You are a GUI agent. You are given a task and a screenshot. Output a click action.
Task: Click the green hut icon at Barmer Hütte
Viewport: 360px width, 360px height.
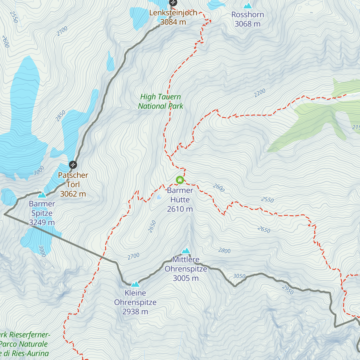pos(180,180)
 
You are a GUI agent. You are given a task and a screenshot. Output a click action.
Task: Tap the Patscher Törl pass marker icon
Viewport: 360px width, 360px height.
pos(73,165)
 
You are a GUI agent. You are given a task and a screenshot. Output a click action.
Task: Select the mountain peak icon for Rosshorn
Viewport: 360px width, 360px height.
pos(247,6)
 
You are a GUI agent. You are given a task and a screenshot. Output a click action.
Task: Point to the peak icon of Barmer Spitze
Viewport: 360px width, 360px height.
pos(42,195)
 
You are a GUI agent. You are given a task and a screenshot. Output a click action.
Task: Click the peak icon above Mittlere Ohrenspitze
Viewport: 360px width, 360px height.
pos(186,250)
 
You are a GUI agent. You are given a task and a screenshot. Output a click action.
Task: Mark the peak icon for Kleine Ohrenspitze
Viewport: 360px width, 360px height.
pos(135,284)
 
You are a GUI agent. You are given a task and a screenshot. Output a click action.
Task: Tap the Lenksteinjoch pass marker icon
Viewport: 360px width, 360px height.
pos(173,3)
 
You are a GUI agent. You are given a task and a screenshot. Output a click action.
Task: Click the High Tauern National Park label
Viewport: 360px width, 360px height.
pos(160,101)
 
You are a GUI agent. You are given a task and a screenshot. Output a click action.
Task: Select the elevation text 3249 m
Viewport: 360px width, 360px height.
pos(42,223)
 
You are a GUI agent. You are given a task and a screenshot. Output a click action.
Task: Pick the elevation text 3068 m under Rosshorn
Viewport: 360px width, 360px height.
pos(247,24)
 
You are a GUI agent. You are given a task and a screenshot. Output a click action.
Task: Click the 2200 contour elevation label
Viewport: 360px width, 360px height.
pos(260,93)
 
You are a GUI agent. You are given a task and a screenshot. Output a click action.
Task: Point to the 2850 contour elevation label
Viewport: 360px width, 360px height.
pos(60,116)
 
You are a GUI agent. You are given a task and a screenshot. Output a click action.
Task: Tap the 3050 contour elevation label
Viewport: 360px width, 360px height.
pos(239,276)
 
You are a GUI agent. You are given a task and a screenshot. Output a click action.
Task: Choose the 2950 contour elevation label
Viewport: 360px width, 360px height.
pos(288,289)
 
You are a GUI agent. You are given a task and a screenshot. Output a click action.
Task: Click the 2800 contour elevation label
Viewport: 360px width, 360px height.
pos(224,250)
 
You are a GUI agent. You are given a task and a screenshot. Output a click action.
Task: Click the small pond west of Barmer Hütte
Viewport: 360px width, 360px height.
pos(158,197)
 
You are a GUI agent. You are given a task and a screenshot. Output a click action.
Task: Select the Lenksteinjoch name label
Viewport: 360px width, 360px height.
pos(173,13)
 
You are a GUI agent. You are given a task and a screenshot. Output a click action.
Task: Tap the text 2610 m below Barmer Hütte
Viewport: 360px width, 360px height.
pos(180,209)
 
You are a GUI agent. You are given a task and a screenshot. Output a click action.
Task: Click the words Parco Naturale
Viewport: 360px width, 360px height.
pos(24,344)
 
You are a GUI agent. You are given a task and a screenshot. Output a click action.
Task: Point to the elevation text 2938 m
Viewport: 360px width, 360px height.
pos(135,312)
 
